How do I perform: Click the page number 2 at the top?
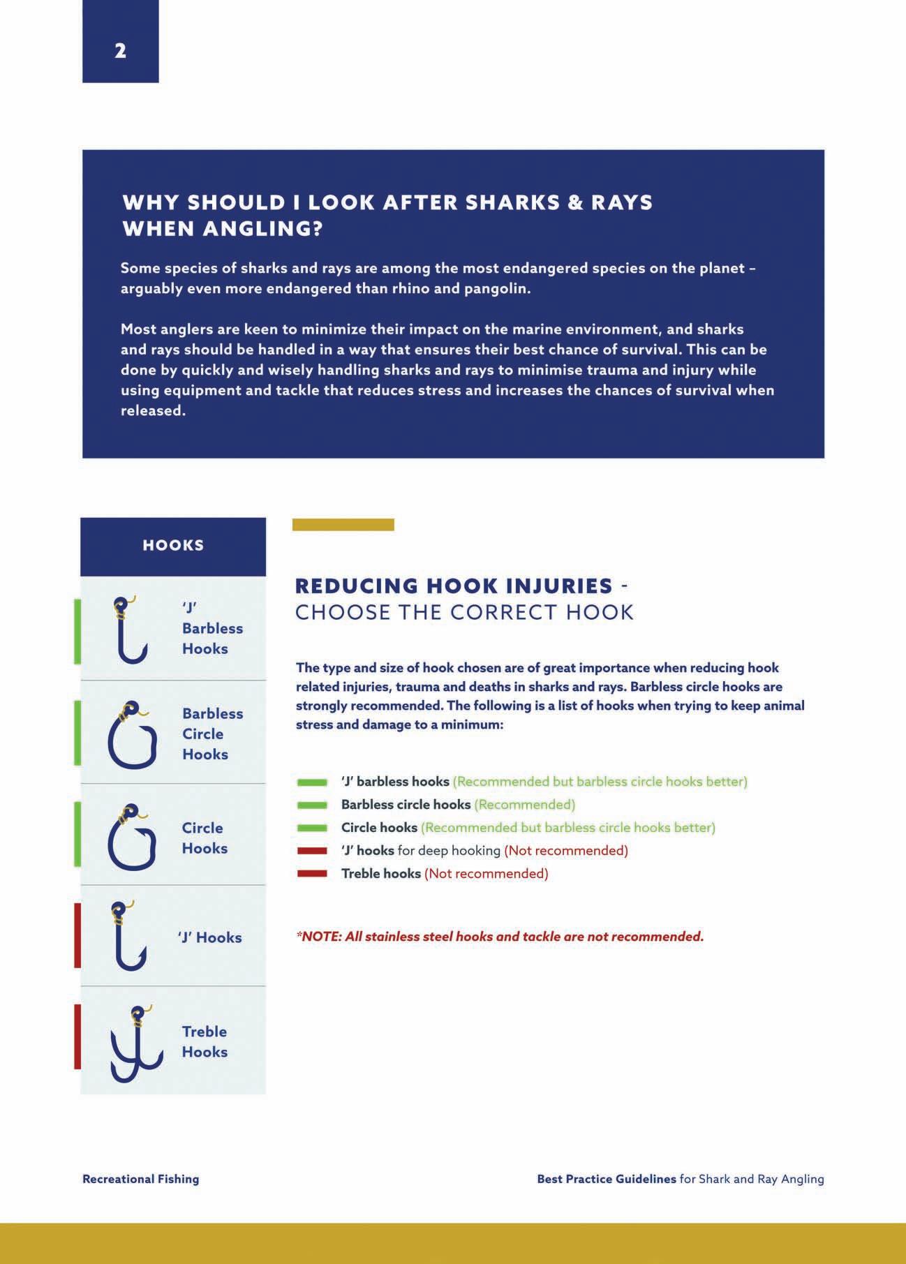[120, 51]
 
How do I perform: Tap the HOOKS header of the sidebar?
[173, 545]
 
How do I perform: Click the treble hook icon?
[135, 1044]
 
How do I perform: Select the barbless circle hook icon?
[132, 736]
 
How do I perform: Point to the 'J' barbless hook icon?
[130, 630]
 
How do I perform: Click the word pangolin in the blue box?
[496, 289]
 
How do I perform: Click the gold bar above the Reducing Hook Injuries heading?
[343, 525]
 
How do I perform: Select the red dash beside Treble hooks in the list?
[312, 873]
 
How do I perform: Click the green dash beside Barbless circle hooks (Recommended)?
[312, 805]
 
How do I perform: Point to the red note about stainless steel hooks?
[500, 937]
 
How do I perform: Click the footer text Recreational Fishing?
[140, 1179]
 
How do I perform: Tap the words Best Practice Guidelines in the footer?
[606, 1179]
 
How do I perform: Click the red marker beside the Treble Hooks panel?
[77, 1036]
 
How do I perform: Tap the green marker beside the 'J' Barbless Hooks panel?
[77, 631]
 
